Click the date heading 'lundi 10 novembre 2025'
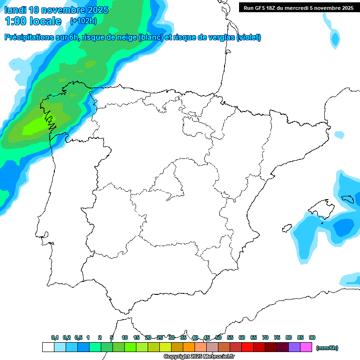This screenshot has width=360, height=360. pyautogui.click(x=56, y=10)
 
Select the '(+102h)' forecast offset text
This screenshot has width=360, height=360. pyautogui.click(x=83, y=21)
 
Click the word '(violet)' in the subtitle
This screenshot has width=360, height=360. pyautogui.click(x=249, y=37)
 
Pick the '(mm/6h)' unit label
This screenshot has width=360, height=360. pyautogui.click(x=327, y=348)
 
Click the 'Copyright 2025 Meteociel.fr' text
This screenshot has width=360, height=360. pyautogui.click(x=199, y=357)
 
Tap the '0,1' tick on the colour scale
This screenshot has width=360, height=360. pyautogui.click(x=55, y=338)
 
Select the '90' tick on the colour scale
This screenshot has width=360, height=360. pyautogui.click(x=312, y=338)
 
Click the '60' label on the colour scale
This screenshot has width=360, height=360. pyautogui.click(x=242, y=338)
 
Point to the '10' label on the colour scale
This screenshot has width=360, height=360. pyautogui.click(x=125, y=338)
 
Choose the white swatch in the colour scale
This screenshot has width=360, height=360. pyautogui.click(x=48, y=347)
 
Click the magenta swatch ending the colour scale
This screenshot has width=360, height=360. pyautogui.click(x=306, y=347)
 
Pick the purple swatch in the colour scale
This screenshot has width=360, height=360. pyautogui.click(x=294, y=347)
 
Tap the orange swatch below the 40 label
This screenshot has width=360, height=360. pyautogui.click(x=189, y=347)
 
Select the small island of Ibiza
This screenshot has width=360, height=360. pyautogui.click(x=286, y=228)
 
